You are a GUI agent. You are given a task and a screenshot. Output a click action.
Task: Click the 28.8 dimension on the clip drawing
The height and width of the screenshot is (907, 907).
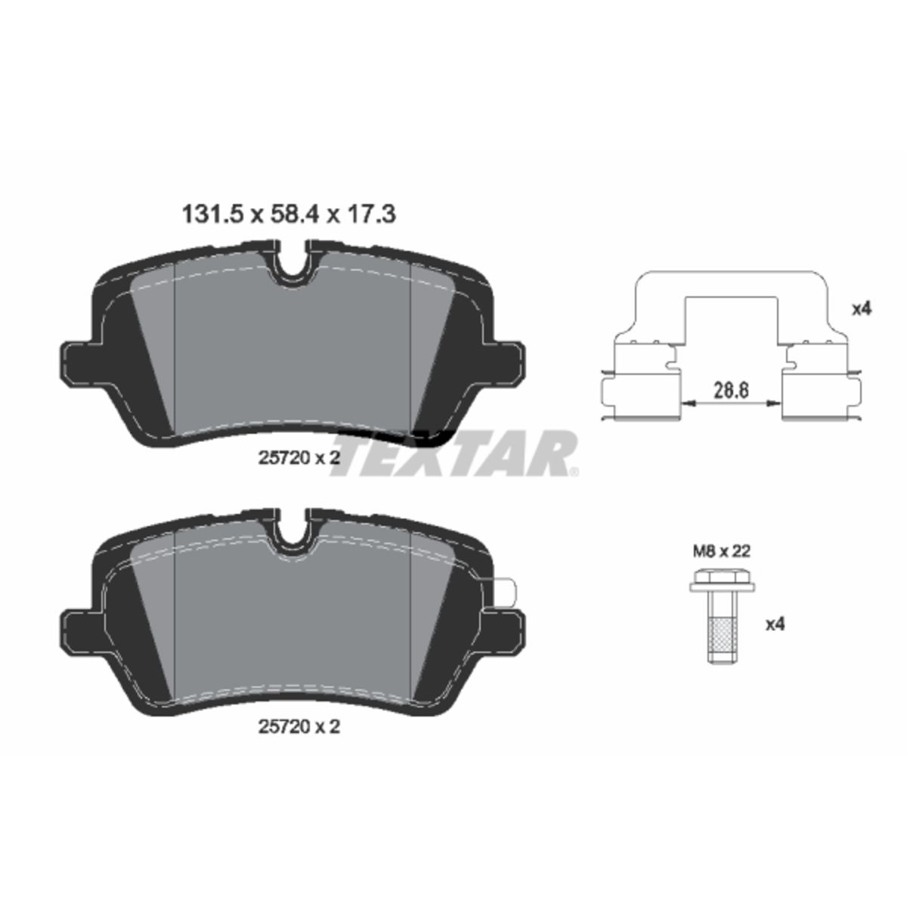tap(730, 390)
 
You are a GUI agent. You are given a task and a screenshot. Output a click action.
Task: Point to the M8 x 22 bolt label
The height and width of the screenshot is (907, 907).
tap(722, 551)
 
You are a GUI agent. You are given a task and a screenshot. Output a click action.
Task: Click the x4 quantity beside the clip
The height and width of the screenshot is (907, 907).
tap(862, 309)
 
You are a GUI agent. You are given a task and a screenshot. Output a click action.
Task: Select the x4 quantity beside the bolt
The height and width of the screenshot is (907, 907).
tap(775, 624)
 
